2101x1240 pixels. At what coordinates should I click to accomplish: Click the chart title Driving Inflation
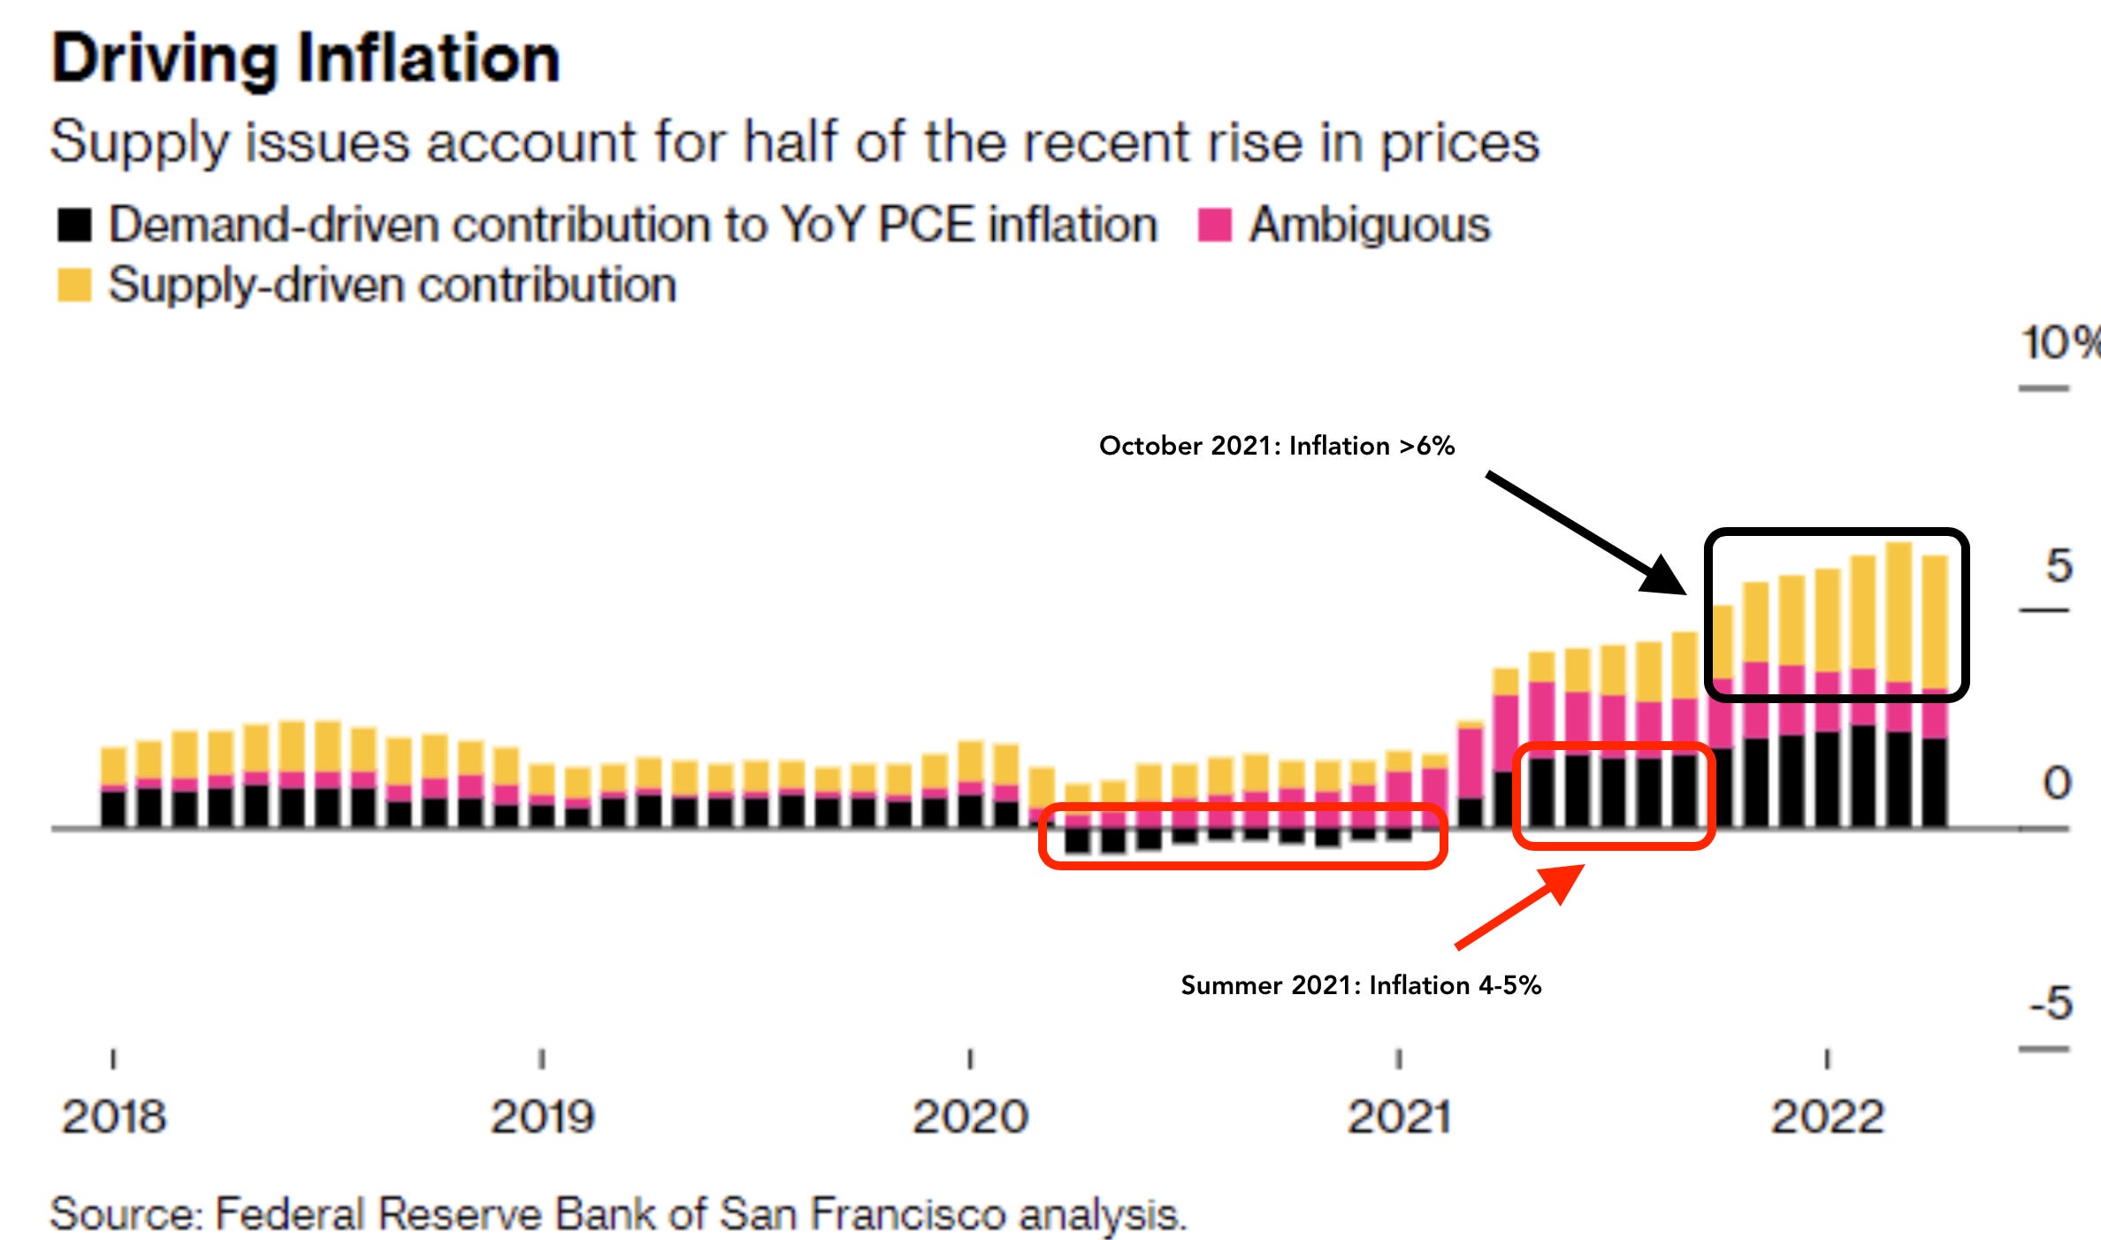(305, 58)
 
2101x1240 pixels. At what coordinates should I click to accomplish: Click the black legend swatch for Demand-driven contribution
(74, 225)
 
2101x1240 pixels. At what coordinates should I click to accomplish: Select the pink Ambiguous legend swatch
(1214, 225)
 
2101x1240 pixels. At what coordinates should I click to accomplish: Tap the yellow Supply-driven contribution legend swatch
(74, 285)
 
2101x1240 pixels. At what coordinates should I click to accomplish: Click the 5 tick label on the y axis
(2059, 565)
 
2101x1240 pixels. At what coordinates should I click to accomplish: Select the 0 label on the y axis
(2057, 783)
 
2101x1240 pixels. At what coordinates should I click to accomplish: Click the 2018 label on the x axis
(113, 1116)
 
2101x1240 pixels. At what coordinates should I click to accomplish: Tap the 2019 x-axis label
(542, 1116)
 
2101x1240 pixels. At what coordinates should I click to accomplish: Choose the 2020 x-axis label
(970, 1116)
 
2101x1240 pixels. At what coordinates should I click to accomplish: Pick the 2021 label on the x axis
(1399, 1116)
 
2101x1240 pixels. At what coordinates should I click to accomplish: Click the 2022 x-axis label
(1827, 1116)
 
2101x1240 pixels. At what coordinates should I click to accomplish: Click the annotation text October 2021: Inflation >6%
(1276, 446)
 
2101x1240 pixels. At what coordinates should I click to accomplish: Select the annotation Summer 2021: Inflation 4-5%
(1361, 985)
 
